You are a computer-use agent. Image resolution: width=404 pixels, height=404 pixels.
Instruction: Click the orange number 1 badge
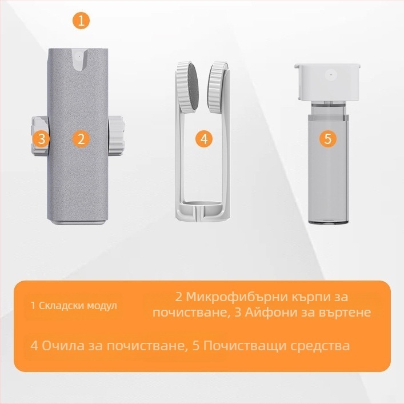pos(81,21)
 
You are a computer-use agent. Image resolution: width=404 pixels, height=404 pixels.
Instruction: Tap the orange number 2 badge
pos(81,139)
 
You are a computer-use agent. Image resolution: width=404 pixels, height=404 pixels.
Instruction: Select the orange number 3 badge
pos(41,139)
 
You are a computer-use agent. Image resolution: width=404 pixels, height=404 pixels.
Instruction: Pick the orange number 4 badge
pos(204,139)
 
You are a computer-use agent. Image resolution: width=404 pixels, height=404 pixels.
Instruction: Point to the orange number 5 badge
pos(328,139)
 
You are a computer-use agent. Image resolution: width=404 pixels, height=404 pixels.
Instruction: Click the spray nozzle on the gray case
pos(79,59)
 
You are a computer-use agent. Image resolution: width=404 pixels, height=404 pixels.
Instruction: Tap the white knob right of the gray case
pos(115,136)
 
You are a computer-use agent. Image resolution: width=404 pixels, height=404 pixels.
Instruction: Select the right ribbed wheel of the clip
pos(217,87)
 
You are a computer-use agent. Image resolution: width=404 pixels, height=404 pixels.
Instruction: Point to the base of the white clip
pos(203,210)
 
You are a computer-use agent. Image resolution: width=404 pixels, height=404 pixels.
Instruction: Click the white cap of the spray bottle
pos(327,81)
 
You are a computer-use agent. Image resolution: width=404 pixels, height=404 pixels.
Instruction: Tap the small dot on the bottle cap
pos(331,75)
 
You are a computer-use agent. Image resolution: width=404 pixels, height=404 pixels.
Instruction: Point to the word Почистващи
pos(244,346)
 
